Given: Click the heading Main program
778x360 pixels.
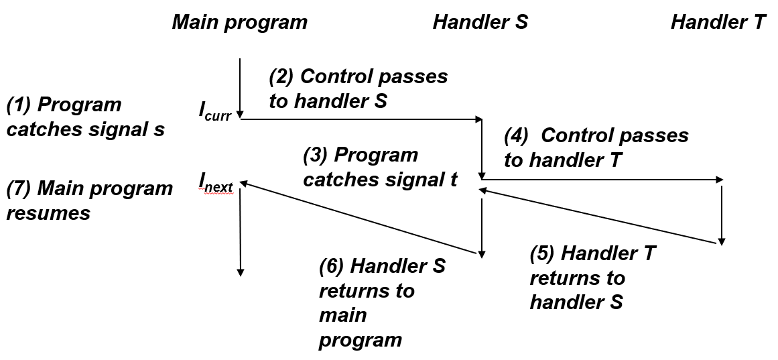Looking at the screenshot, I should click(x=239, y=22).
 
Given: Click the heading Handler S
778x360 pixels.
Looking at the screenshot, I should click(x=480, y=22).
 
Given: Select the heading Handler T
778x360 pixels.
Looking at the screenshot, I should click(x=718, y=22).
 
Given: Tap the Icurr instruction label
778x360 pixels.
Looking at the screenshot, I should click(x=214, y=111).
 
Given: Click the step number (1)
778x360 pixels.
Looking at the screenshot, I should click(x=19, y=105).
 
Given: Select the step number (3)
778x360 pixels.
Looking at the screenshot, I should click(x=316, y=155).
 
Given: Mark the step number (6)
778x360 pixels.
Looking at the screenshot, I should click(x=332, y=266).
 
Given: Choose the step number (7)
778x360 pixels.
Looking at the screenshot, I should click(x=19, y=188).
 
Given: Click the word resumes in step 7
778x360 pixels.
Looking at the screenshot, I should click(x=48, y=213).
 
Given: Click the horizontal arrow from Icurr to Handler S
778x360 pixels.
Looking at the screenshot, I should click(x=361, y=120).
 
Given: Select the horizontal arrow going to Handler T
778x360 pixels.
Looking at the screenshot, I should click(x=602, y=180).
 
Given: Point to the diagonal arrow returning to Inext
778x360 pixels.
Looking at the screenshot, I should click(x=361, y=218).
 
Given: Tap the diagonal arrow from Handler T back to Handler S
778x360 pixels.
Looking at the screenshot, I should click(x=600, y=217).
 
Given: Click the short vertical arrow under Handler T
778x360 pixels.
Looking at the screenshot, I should click(x=721, y=215).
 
